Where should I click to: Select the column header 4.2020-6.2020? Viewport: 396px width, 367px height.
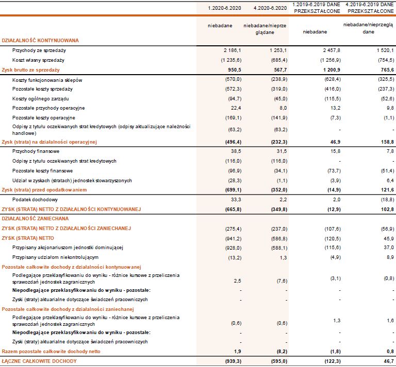[270, 8]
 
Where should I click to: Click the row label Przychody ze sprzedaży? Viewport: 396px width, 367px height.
[39, 50]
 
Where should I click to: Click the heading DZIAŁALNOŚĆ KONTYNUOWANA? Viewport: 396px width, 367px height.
[41, 40]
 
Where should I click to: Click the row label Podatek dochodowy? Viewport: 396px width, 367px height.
[35, 200]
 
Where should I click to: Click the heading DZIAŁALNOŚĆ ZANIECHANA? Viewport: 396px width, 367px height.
[35, 219]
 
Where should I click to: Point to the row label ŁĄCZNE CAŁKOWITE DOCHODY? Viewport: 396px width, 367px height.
[39, 361]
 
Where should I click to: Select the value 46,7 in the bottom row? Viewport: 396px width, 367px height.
[388, 361]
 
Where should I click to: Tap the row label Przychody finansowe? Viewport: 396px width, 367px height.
[36, 151]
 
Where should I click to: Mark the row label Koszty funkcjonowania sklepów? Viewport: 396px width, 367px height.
[47, 80]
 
